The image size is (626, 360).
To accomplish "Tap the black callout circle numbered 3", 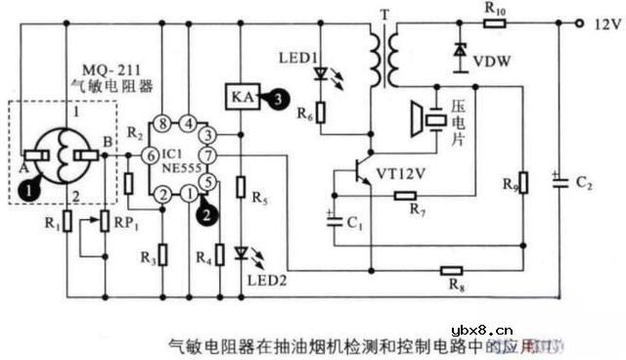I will pos(281,97).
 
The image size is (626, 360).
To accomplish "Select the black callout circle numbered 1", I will pos(33,183).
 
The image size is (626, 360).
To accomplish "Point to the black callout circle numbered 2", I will pos(205,207).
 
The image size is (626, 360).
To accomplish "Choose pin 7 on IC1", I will pos(207,157).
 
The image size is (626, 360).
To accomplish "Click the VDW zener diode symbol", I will pos(460,50).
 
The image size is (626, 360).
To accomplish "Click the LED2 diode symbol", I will pos(240,253).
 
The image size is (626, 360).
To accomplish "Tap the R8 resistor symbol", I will pos(451,270).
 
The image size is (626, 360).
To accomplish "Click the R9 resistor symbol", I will pos(523,183).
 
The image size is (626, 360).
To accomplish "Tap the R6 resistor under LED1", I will pos(321,113).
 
